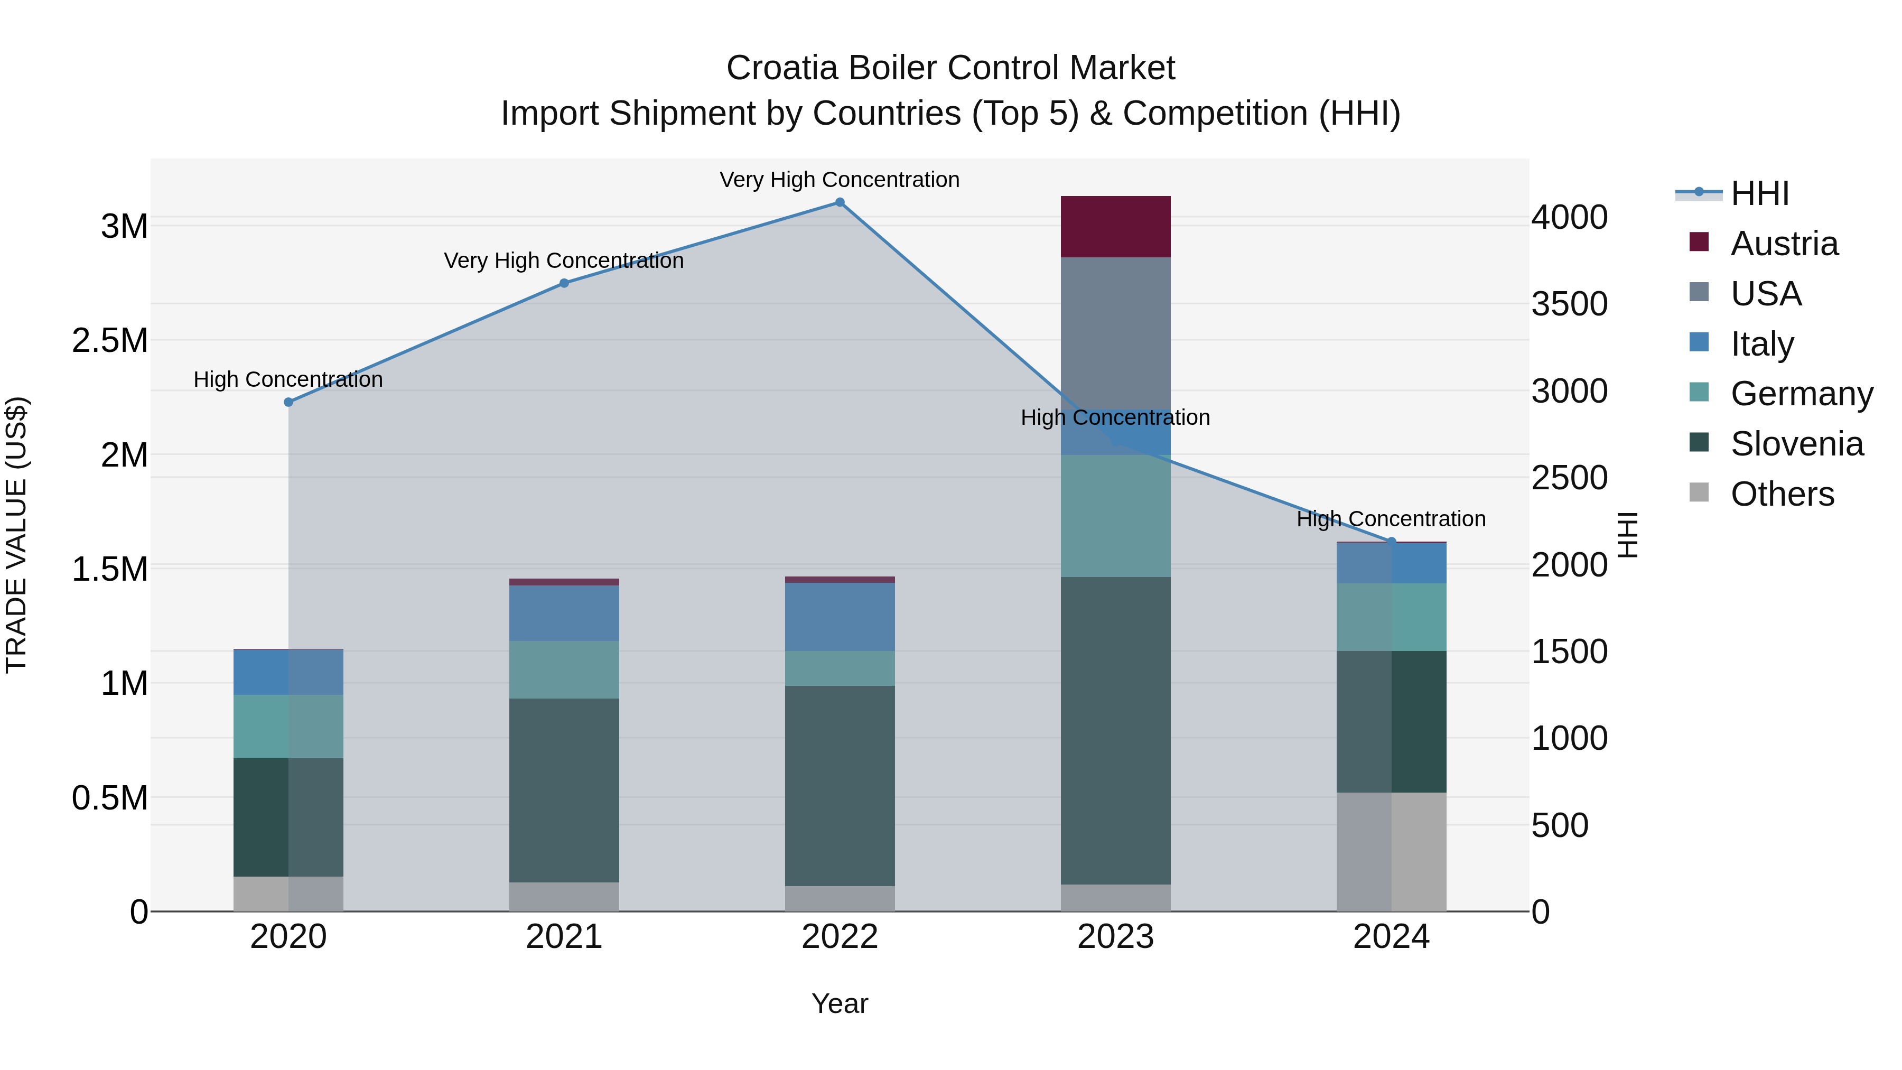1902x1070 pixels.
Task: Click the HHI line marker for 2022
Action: click(x=840, y=202)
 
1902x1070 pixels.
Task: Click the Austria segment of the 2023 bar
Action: click(x=1116, y=227)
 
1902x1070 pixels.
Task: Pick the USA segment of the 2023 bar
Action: click(x=1116, y=332)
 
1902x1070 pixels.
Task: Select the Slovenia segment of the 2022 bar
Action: click(x=840, y=785)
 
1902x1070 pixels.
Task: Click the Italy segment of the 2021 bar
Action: click(x=564, y=613)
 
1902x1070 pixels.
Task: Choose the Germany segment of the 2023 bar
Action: click(x=1116, y=515)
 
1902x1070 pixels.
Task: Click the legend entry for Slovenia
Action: click(x=1796, y=444)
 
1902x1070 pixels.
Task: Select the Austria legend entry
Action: click(x=1783, y=244)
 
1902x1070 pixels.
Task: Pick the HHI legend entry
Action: click(x=1759, y=193)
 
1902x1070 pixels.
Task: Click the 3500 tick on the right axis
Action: click(x=1569, y=304)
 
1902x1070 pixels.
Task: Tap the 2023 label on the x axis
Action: click(x=1116, y=937)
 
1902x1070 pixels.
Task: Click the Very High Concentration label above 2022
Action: click(x=840, y=180)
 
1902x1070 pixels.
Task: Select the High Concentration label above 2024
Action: click(x=1391, y=519)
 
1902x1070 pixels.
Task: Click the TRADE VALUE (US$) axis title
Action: click(x=16, y=535)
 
